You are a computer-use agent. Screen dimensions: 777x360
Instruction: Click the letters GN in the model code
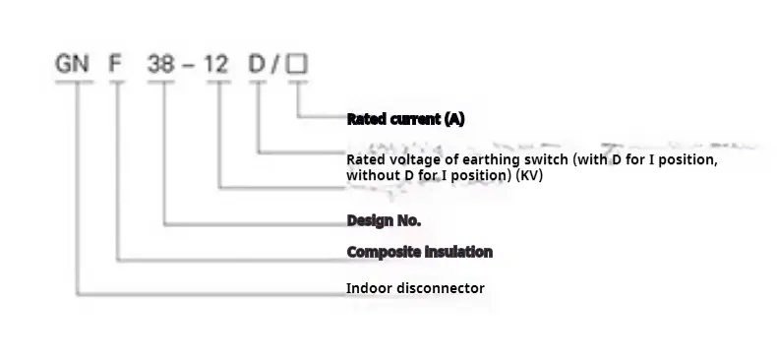pos(73,66)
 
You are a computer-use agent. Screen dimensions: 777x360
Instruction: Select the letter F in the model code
pos(116,66)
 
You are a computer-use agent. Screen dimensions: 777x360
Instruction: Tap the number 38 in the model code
pos(162,66)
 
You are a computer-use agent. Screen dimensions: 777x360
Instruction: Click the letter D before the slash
pos(258,66)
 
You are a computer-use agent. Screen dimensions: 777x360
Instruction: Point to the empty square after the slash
pos(298,66)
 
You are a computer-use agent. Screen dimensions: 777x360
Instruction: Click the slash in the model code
pos(277,66)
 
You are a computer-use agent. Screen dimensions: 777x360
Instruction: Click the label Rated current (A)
pos(405,119)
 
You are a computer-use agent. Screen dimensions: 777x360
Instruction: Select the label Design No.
pos(384,220)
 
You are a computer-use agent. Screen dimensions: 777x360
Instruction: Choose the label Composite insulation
pos(419,252)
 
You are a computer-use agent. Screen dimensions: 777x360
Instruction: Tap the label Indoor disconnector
pos(415,288)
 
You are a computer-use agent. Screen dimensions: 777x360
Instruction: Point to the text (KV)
pos(530,175)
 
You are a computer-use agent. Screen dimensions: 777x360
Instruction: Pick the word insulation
pos(457,252)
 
